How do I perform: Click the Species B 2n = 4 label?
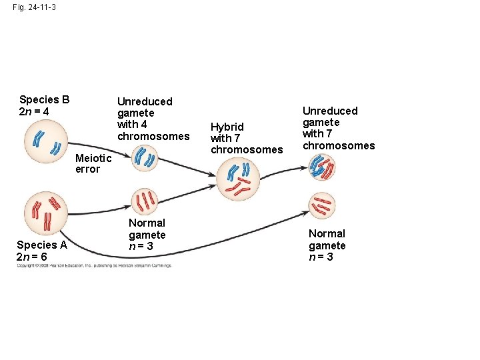click(x=44, y=105)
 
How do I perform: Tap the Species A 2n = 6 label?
click(x=41, y=251)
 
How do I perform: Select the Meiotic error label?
click(x=93, y=163)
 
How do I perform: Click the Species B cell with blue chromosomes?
click(x=46, y=143)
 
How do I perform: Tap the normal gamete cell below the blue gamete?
click(x=145, y=201)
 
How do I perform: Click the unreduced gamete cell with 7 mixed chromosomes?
click(x=323, y=167)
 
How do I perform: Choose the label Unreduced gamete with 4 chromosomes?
click(x=153, y=119)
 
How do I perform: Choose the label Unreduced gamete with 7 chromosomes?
click(x=339, y=128)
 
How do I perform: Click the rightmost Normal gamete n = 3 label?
click(x=327, y=245)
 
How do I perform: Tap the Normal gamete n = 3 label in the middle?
click(x=147, y=234)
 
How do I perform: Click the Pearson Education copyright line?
click(x=94, y=265)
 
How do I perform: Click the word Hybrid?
click(x=227, y=127)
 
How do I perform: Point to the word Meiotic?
click(x=93, y=158)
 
